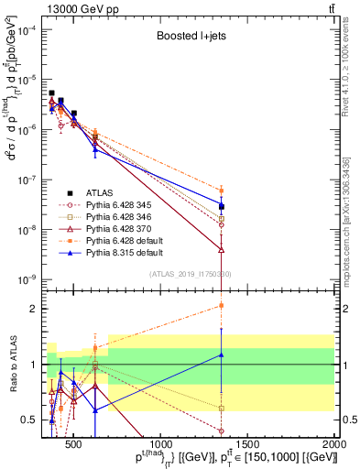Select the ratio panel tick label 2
(x=36, y=309)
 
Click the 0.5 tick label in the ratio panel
(x=32, y=420)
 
